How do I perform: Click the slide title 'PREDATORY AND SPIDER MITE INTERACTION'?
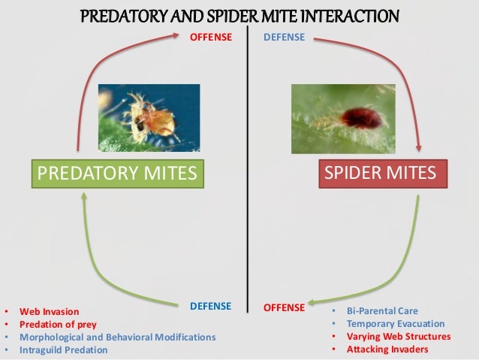click(239, 17)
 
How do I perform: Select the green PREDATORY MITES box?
click(116, 174)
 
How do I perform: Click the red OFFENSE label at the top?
click(210, 37)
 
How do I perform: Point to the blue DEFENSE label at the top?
click(285, 37)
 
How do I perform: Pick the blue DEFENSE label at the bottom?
click(210, 307)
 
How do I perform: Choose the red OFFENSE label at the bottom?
click(284, 307)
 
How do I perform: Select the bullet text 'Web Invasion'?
click(49, 310)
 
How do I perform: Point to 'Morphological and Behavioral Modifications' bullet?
click(117, 337)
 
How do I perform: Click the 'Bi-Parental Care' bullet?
click(382, 310)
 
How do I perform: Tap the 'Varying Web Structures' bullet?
click(398, 337)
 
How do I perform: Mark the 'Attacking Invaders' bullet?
click(387, 350)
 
